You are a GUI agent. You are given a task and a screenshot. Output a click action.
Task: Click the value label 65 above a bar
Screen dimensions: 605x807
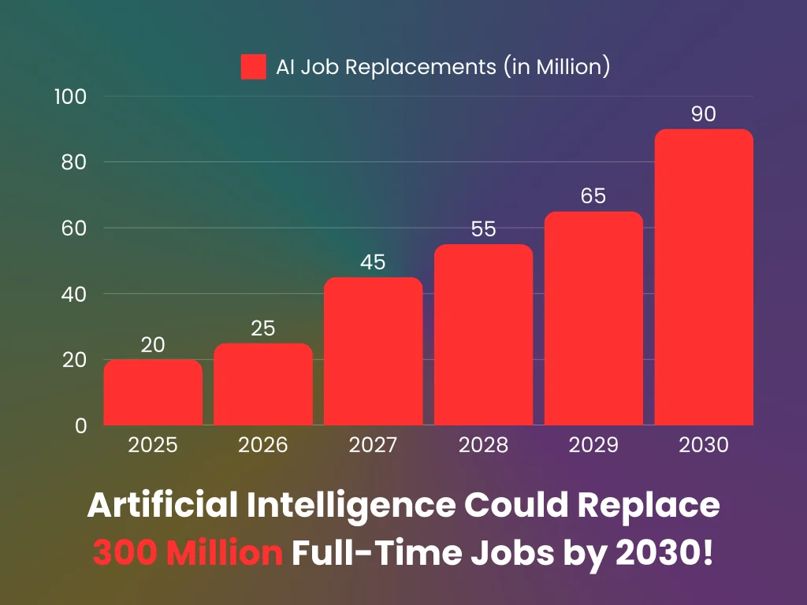pos(593,196)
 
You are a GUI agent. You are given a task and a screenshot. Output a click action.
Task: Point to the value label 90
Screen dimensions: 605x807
pos(704,113)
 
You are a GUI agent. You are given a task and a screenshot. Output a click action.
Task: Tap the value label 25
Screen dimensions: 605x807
pos(262,328)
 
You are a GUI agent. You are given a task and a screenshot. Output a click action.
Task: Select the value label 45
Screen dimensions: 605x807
pos(373,262)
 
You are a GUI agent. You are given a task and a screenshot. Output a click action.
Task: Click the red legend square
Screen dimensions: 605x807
pos(253,67)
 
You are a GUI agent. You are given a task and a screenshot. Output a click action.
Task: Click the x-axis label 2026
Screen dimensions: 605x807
pos(262,445)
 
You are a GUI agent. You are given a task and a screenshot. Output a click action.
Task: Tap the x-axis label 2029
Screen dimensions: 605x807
pos(593,445)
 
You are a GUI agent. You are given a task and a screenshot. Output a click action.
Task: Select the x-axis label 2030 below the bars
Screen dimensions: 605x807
pos(704,445)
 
